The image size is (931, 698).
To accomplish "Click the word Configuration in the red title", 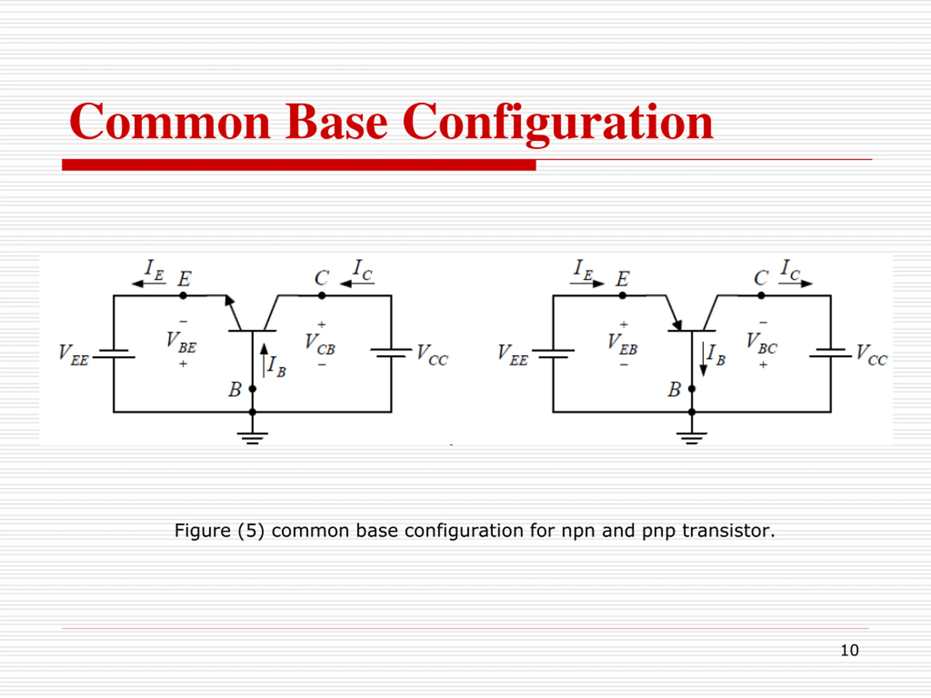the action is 558,123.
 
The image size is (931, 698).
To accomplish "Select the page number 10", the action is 849,650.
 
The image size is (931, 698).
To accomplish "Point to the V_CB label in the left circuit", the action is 320,344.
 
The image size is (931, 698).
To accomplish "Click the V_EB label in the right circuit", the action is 623,344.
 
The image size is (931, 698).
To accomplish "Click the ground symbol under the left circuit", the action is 252,438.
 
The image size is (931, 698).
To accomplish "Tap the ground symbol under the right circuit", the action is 692,438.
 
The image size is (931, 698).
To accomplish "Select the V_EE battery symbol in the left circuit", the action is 113,353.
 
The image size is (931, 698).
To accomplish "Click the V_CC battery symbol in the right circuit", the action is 831,353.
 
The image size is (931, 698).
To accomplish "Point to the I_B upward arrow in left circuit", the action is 264,361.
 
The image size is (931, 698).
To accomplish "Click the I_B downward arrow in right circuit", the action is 703,359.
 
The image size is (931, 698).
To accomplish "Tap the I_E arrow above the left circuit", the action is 149,284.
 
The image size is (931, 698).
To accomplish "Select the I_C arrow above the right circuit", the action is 795,284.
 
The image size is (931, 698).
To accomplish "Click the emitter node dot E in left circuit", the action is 183,296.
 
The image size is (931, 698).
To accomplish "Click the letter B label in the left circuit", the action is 235,390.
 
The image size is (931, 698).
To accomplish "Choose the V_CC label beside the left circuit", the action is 432,355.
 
